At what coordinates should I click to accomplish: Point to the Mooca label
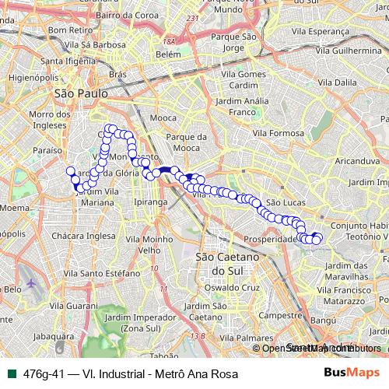point(163,118)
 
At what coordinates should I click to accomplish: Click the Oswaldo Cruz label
point(238,287)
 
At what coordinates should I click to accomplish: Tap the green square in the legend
point(9,373)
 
